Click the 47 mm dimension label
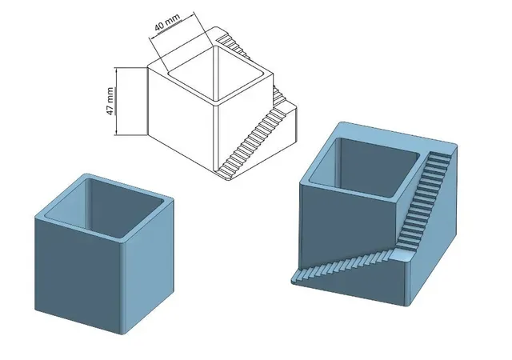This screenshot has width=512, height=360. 110,102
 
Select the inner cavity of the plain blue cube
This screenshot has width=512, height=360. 105,208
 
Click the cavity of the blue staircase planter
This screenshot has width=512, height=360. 364,167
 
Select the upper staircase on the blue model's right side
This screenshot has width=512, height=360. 425,199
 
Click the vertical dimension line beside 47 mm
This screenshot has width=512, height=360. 115,101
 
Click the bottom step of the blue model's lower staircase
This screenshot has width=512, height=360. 297,280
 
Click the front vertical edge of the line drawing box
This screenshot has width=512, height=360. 214,138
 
